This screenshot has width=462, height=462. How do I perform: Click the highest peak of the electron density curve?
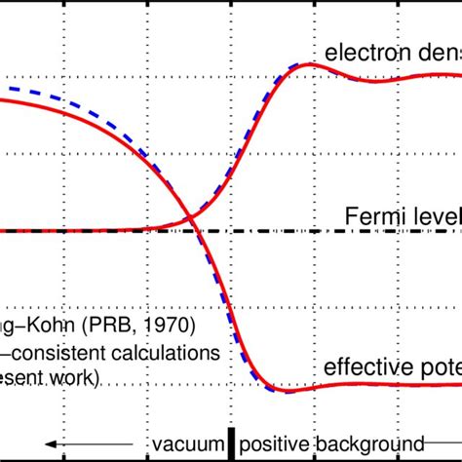[x=308, y=65]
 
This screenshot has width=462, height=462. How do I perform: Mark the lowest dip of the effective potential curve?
[x=288, y=390]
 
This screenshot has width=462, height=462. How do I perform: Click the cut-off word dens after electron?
[x=436, y=52]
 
